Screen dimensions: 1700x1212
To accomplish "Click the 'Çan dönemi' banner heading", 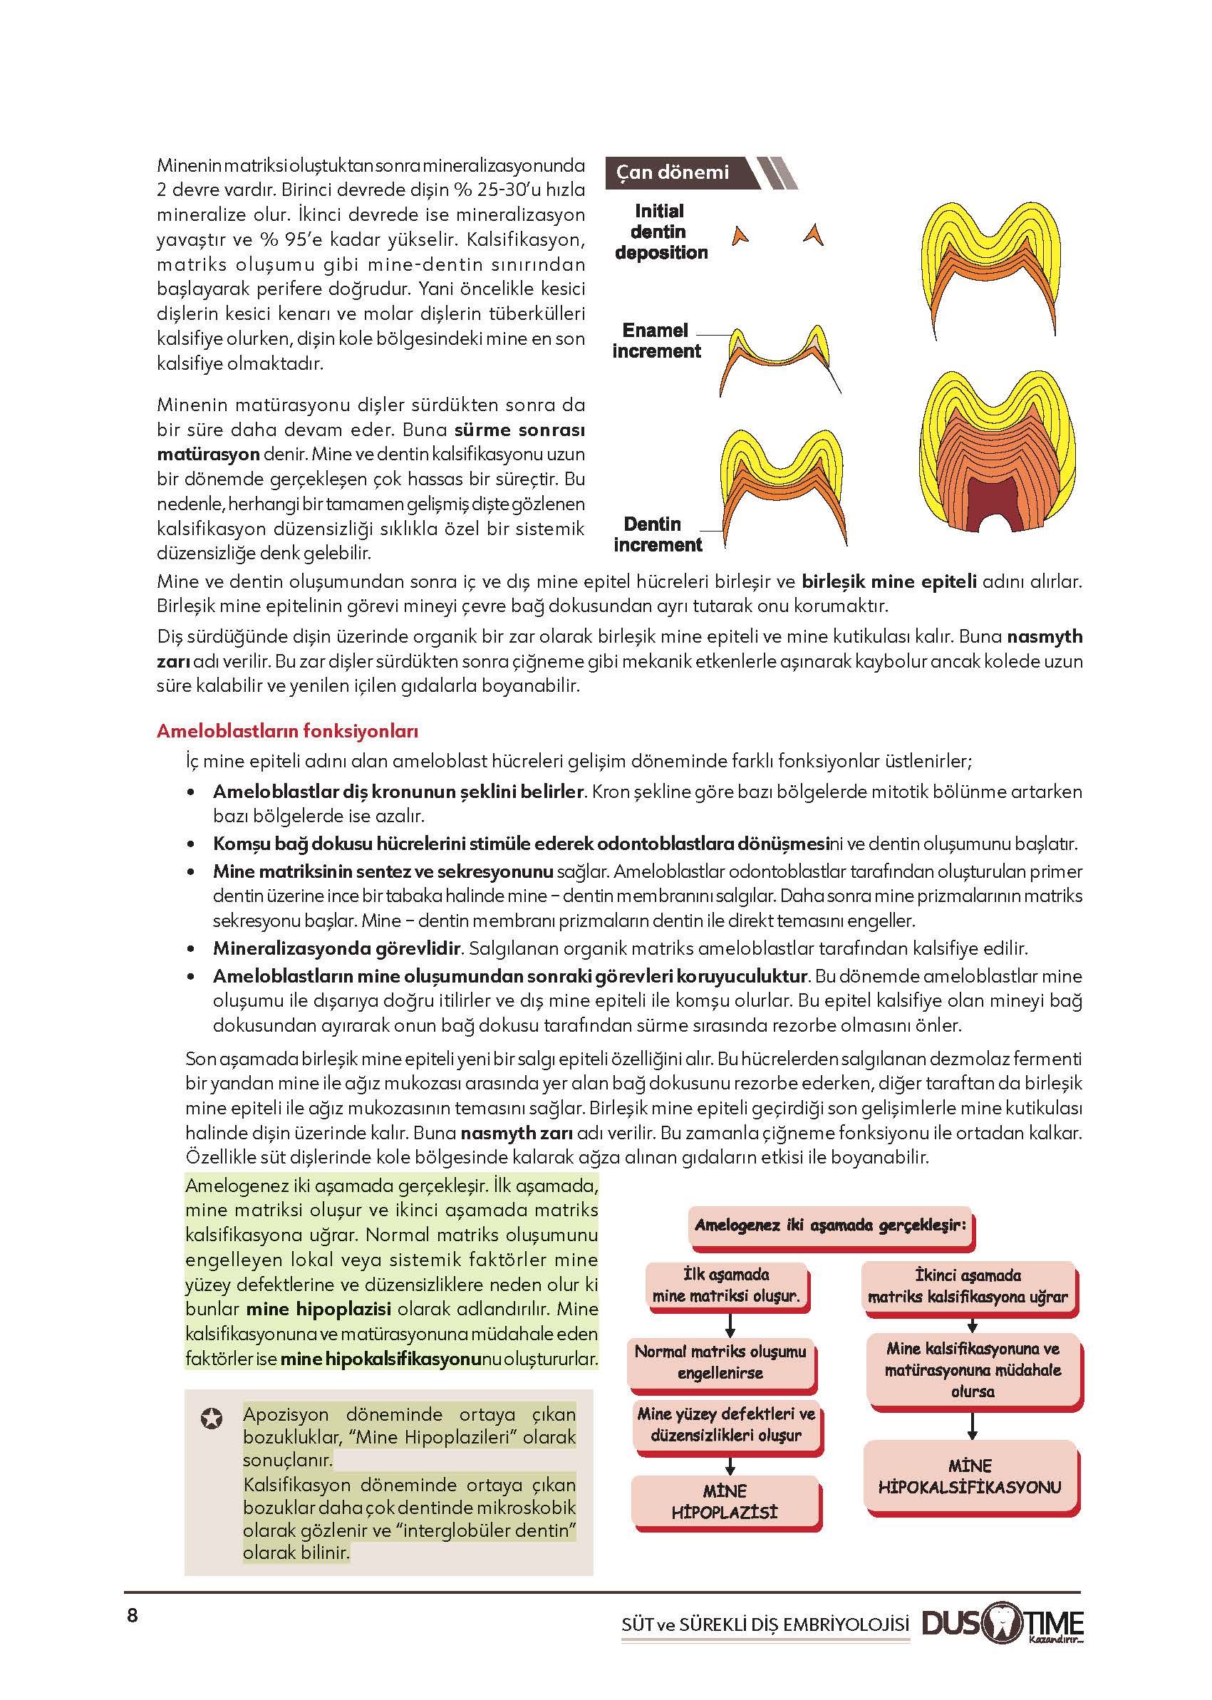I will pyautogui.click(x=673, y=172).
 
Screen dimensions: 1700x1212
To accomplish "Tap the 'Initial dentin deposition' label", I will pyautogui.click(x=661, y=232).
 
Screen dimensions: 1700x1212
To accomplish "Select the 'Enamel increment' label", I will pyautogui.click(x=657, y=341).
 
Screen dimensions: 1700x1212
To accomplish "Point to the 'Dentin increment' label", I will pyautogui.click(x=657, y=534).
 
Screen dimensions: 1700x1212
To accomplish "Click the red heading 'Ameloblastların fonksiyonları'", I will pyautogui.click(x=287, y=731).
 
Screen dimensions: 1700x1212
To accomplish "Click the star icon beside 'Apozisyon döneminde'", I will pyautogui.click(x=212, y=1418).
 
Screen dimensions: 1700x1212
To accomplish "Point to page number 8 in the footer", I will pyautogui.click(x=133, y=1617).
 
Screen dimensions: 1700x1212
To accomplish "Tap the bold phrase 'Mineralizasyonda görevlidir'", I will pyautogui.click(x=336, y=948).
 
